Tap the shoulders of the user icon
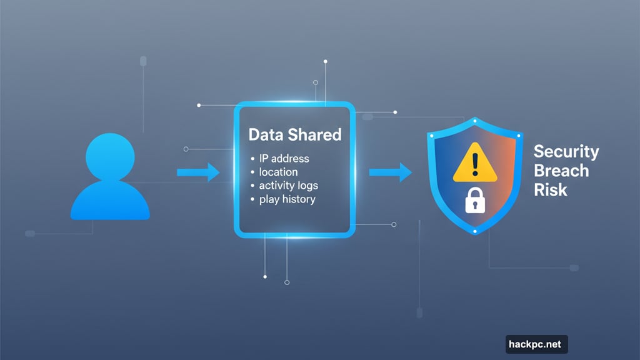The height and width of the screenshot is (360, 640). coord(110,201)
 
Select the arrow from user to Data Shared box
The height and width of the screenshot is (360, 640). coord(197,172)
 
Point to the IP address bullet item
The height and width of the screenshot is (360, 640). coord(283,158)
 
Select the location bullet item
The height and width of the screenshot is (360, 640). coord(278,172)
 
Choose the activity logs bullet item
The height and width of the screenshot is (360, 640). coord(288,186)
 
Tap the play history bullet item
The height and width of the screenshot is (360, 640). coord(287,199)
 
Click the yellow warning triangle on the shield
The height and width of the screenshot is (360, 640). coord(474,164)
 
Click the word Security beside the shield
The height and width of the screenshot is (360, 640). coord(566,151)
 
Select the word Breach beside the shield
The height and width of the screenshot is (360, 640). coord(561,171)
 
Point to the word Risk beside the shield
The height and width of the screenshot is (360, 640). coord(551,189)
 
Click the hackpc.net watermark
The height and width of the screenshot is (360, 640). coord(536,344)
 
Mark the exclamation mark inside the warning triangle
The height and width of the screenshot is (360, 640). coord(474,166)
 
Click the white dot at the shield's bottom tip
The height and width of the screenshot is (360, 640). coord(474,231)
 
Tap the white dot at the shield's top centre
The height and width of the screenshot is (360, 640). coord(475,119)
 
